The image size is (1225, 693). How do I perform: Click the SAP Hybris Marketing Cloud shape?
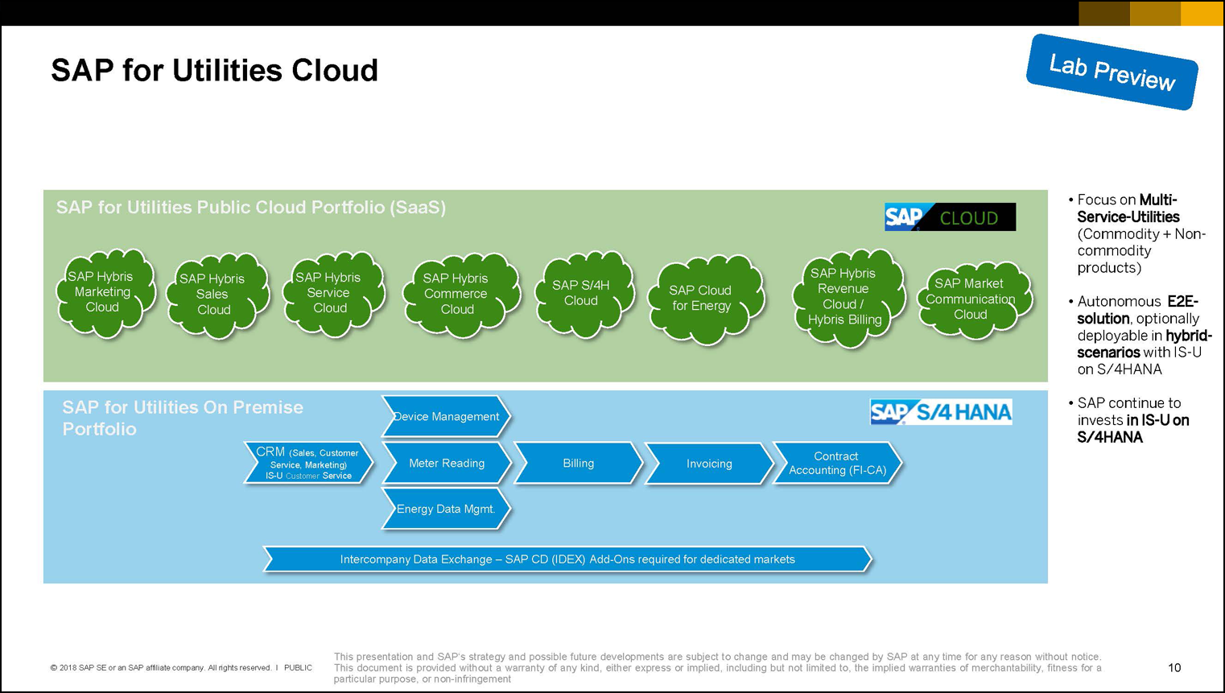(103, 292)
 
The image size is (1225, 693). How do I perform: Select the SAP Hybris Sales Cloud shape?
(214, 295)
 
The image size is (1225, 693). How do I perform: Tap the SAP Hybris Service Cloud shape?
(330, 293)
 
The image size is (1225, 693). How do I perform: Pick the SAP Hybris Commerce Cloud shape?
(457, 294)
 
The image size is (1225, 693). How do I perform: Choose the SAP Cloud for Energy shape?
(703, 299)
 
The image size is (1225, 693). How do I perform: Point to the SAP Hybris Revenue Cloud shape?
(844, 297)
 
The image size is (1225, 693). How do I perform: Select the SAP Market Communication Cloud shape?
(971, 299)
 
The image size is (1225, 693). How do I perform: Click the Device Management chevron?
(445, 417)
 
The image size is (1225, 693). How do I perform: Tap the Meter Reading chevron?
(446, 464)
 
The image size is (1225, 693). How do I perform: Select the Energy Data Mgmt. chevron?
(445, 509)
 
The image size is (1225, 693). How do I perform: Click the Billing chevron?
(578, 464)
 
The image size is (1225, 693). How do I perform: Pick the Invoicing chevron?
(708, 464)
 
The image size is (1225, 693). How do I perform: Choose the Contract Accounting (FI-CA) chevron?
(837, 464)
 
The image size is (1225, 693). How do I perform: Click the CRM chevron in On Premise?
(308, 464)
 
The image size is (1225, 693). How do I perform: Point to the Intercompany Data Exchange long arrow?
(567, 559)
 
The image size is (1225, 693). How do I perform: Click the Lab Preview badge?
(1112, 72)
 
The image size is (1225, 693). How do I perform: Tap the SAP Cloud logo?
(950, 217)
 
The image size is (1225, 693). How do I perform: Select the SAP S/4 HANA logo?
(940, 412)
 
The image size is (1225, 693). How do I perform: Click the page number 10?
(1174, 667)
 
